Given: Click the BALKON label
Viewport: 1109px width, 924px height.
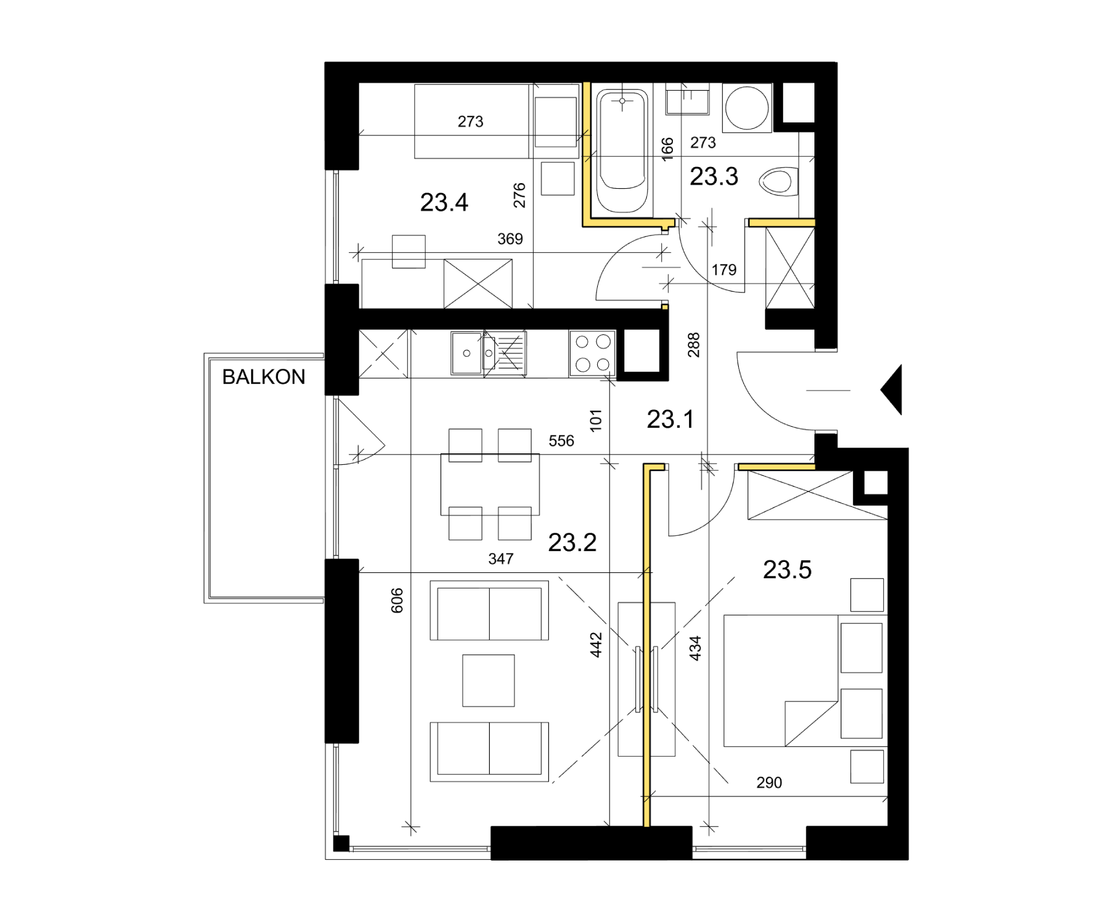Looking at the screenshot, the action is point(263,377).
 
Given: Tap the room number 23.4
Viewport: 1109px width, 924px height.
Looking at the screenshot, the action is point(444,203).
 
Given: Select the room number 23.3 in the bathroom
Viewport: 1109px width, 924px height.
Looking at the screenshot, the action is point(714,177).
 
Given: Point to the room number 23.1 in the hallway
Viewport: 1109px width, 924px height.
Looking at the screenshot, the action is point(670,419).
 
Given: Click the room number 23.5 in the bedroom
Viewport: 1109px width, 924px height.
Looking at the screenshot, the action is point(787,570).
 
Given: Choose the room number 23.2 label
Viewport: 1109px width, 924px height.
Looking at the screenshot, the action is point(572,543).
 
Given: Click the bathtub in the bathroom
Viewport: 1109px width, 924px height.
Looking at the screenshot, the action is point(622,151).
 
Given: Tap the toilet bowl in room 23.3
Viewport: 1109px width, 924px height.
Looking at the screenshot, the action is point(778,182).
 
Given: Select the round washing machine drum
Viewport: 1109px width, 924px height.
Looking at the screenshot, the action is point(747,108).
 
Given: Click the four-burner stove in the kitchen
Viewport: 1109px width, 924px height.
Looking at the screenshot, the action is point(593,353).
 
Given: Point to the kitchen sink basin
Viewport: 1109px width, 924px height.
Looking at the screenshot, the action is point(467,353).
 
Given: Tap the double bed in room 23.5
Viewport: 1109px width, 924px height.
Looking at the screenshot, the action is point(781,681).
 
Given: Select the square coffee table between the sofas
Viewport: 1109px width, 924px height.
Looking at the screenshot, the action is point(489,680).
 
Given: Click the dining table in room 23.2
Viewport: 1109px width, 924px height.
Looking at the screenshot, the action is point(490,485).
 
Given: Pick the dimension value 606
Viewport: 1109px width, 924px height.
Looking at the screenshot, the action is point(397,601).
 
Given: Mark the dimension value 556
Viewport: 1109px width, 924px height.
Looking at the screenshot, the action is point(561,441).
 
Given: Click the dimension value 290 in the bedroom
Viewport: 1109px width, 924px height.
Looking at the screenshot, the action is point(769,783).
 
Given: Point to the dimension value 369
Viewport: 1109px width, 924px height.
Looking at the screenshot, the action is point(510,239).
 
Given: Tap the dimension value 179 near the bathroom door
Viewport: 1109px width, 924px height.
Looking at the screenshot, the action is point(724,270).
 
